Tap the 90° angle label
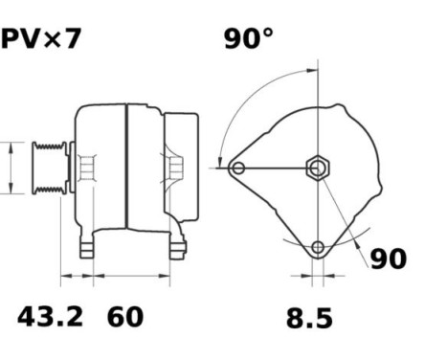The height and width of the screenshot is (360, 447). [248, 38]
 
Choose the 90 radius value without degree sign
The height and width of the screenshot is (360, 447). [388, 259]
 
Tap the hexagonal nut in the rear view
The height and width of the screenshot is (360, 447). [317, 168]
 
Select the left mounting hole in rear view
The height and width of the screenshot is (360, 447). [237, 169]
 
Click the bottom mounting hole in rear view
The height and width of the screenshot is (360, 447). [318, 248]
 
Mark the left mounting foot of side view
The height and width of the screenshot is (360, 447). [88, 247]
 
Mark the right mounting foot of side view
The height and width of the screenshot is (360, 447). [176, 247]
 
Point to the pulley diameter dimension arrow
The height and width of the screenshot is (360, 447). [10, 169]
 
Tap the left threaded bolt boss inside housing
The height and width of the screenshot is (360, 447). [85, 169]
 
